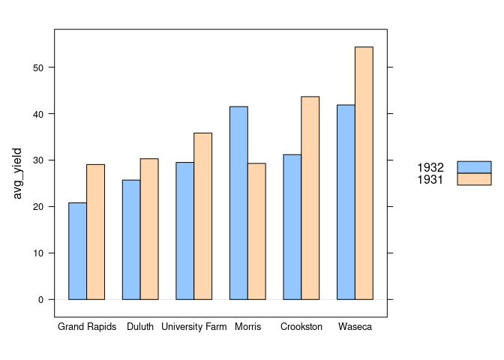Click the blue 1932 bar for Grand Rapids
[x=77, y=251]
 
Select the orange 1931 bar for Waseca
[x=364, y=173]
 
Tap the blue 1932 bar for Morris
[x=238, y=203]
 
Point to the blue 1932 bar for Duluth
[x=131, y=240]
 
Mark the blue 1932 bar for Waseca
[x=346, y=202]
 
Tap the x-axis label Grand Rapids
[x=87, y=327]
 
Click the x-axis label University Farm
[x=193, y=327]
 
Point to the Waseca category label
[x=355, y=327]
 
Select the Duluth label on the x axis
[x=140, y=327]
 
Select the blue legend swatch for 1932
[x=474, y=167]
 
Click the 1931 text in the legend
[x=430, y=179]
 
